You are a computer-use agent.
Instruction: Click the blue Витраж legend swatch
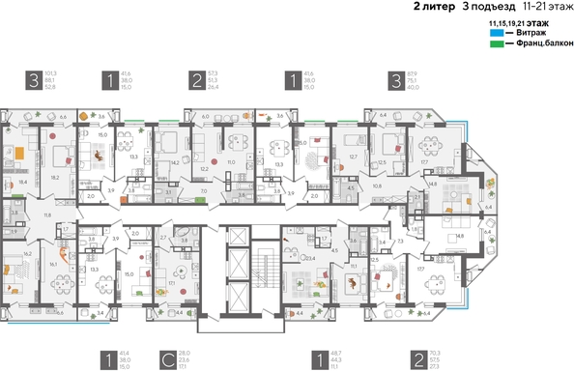pyautogui.click(x=496, y=32)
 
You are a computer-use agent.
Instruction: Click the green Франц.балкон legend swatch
pyautogui.click(x=496, y=43)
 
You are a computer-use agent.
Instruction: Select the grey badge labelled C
pyautogui.click(x=168, y=361)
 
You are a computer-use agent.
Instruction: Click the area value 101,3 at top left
pyautogui.click(x=51, y=72)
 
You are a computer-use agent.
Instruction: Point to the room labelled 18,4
pyautogui.click(x=21, y=181)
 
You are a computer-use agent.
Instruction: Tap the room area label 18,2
pyautogui.click(x=55, y=177)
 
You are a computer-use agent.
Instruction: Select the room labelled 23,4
pyautogui.click(x=311, y=258)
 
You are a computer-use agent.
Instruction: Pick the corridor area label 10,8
pyautogui.click(x=377, y=185)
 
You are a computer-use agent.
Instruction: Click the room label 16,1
pyautogui.click(x=54, y=263)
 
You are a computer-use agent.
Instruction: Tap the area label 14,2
pyautogui.click(x=174, y=163)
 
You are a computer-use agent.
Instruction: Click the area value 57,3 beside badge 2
pyautogui.click(x=213, y=72)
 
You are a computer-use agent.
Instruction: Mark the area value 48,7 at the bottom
pyautogui.click(x=335, y=355)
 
